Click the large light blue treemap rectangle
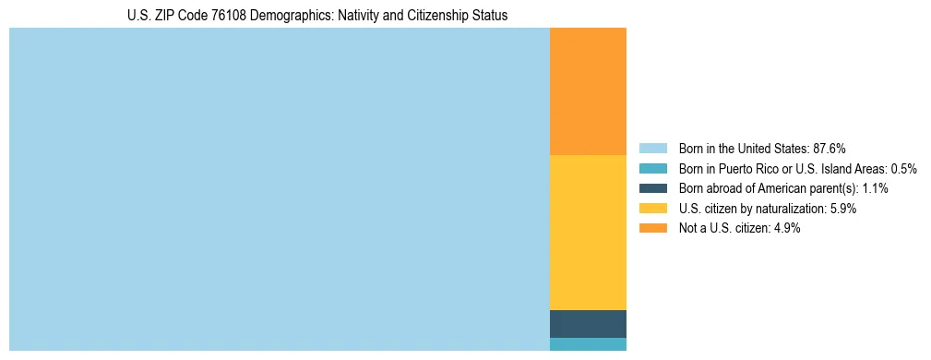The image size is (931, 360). tap(279, 189)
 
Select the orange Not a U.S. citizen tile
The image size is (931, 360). tap(588, 91)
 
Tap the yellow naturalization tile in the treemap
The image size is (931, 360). tap(588, 233)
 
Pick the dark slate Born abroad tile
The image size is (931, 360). tap(588, 324)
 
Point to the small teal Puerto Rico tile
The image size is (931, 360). tap(588, 344)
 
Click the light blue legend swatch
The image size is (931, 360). tap(652, 149)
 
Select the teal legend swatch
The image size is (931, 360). tap(652, 169)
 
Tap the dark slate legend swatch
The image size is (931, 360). tap(652, 188)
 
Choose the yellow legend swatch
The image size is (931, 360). tap(652, 209)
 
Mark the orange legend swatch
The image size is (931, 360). tap(652, 229)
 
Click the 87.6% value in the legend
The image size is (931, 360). tap(830, 149)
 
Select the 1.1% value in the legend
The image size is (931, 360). tap(875, 188)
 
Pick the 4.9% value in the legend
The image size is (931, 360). tap(787, 229)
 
